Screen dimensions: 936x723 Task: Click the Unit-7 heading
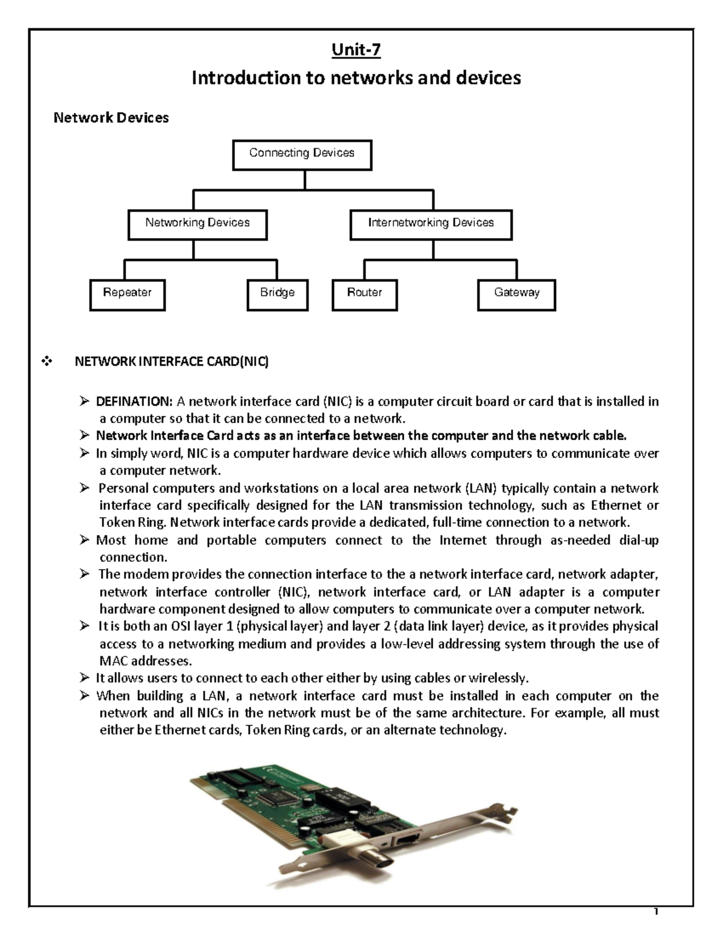(356, 49)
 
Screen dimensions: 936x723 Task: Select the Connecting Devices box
(302, 154)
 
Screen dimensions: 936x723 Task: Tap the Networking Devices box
(197, 224)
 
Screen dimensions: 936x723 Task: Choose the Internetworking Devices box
(431, 224)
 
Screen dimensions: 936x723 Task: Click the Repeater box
(127, 294)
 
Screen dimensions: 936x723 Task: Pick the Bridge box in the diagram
(278, 294)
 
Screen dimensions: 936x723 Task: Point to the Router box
(365, 294)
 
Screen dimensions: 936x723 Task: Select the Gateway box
(516, 294)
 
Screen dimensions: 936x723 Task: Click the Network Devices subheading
(111, 118)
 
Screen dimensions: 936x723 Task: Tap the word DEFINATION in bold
(134, 401)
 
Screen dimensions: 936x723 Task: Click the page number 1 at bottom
(657, 929)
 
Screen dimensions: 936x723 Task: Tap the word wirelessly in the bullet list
(498, 678)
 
